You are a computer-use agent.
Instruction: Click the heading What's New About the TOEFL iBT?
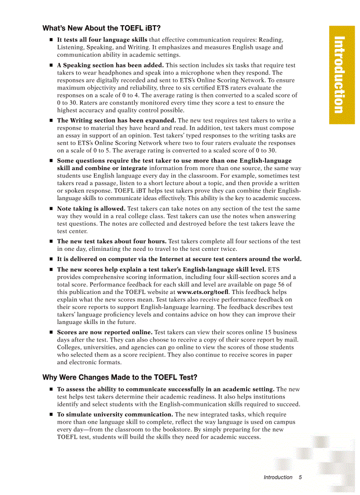coord(101,28)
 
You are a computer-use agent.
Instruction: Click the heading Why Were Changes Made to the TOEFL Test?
coord(120,377)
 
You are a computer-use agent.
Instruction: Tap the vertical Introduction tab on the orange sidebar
coord(338,75)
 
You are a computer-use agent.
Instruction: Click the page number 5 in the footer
coord(300,477)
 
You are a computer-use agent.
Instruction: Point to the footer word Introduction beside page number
coord(278,477)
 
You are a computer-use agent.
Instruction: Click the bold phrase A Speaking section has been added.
coord(110,65)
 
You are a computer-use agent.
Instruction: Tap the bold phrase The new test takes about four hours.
coord(112,242)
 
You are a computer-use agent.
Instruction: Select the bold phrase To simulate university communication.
coord(115,414)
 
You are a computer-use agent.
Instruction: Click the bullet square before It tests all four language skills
coord(51,40)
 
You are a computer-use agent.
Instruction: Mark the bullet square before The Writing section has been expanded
coord(51,120)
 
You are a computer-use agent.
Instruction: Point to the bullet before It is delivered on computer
coord(51,259)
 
